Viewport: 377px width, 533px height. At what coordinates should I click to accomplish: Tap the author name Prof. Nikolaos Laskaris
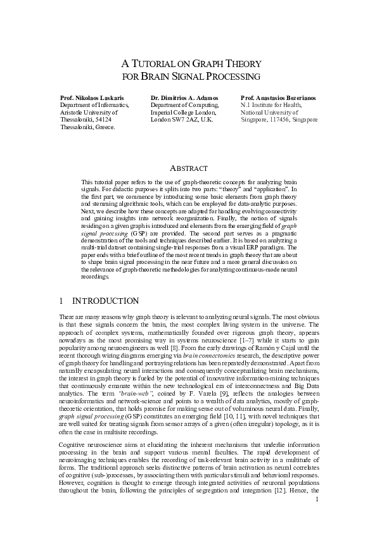pos(92,98)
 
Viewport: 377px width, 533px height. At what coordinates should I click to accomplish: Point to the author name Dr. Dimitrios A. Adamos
pos(184,98)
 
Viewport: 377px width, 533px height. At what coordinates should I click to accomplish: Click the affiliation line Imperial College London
pos(183,112)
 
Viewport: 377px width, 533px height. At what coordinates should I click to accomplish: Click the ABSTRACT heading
pos(188,168)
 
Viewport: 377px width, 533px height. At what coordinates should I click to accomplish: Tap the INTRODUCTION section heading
pos(106,300)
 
